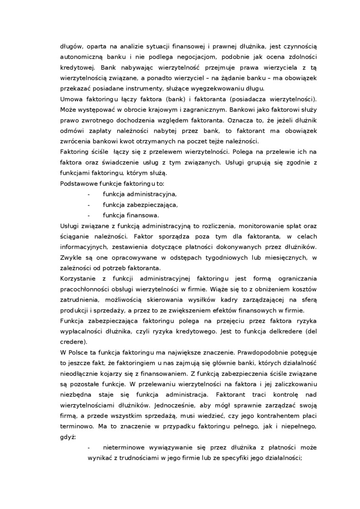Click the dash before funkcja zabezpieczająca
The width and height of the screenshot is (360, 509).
(x=89, y=204)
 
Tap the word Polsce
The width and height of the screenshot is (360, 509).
(x=79, y=352)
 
